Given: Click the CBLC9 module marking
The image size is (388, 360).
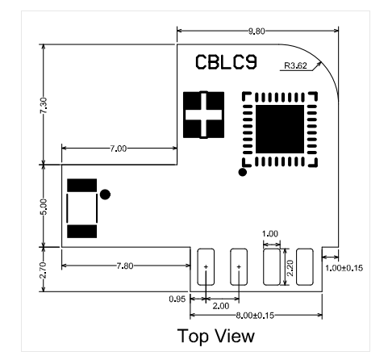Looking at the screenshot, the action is pyautogui.click(x=226, y=62).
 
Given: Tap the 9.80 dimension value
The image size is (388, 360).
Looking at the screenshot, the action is pyautogui.click(x=257, y=31).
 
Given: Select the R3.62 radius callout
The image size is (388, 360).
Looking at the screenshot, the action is pyautogui.click(x=295, y=65).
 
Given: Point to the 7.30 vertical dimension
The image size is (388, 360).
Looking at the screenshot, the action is pyautogui.click(x=44, y=106).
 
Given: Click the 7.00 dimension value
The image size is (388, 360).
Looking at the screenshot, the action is pyautogui.click(x=118, y=149).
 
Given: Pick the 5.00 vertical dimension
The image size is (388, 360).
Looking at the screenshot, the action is pyautogui.click(x=44, y=207).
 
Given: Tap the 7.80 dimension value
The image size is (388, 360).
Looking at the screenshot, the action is pyautogui.click(x=125, y=266).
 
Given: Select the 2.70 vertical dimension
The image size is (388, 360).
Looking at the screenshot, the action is pyautogui.click(x=44, y=270).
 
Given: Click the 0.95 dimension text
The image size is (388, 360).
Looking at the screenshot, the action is pyautogui.click(x=177, y=299).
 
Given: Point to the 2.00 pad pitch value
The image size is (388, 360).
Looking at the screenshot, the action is pyautogui.click(x=221, y=306).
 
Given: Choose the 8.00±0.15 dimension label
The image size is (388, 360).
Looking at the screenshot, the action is pyautogui.click(x=255, y=316).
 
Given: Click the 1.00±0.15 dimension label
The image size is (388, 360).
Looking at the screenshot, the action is pyautogui.click(x=344, y=268).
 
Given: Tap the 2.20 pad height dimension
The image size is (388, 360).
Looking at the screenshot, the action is pyautogui.click(x=290, y=268).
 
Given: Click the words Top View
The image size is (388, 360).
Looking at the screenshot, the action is pyautogui.click(x=216, y=336).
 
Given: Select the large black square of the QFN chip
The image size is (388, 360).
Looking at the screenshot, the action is pyautogui.click(x=280, y=129).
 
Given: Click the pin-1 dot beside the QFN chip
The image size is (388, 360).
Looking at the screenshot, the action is pyautogui.click(x=243, y=172).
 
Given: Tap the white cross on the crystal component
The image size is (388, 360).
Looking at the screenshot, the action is pyautogui.click(x=203, y=115).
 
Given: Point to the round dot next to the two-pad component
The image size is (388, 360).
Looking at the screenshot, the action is pyautogui.click(x=105, y=195).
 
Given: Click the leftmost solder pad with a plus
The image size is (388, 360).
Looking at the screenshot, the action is pyautogui.click(x=206, y=267).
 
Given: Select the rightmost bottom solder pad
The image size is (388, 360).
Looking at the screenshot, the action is pyautogui.click(x=305, y=267).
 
